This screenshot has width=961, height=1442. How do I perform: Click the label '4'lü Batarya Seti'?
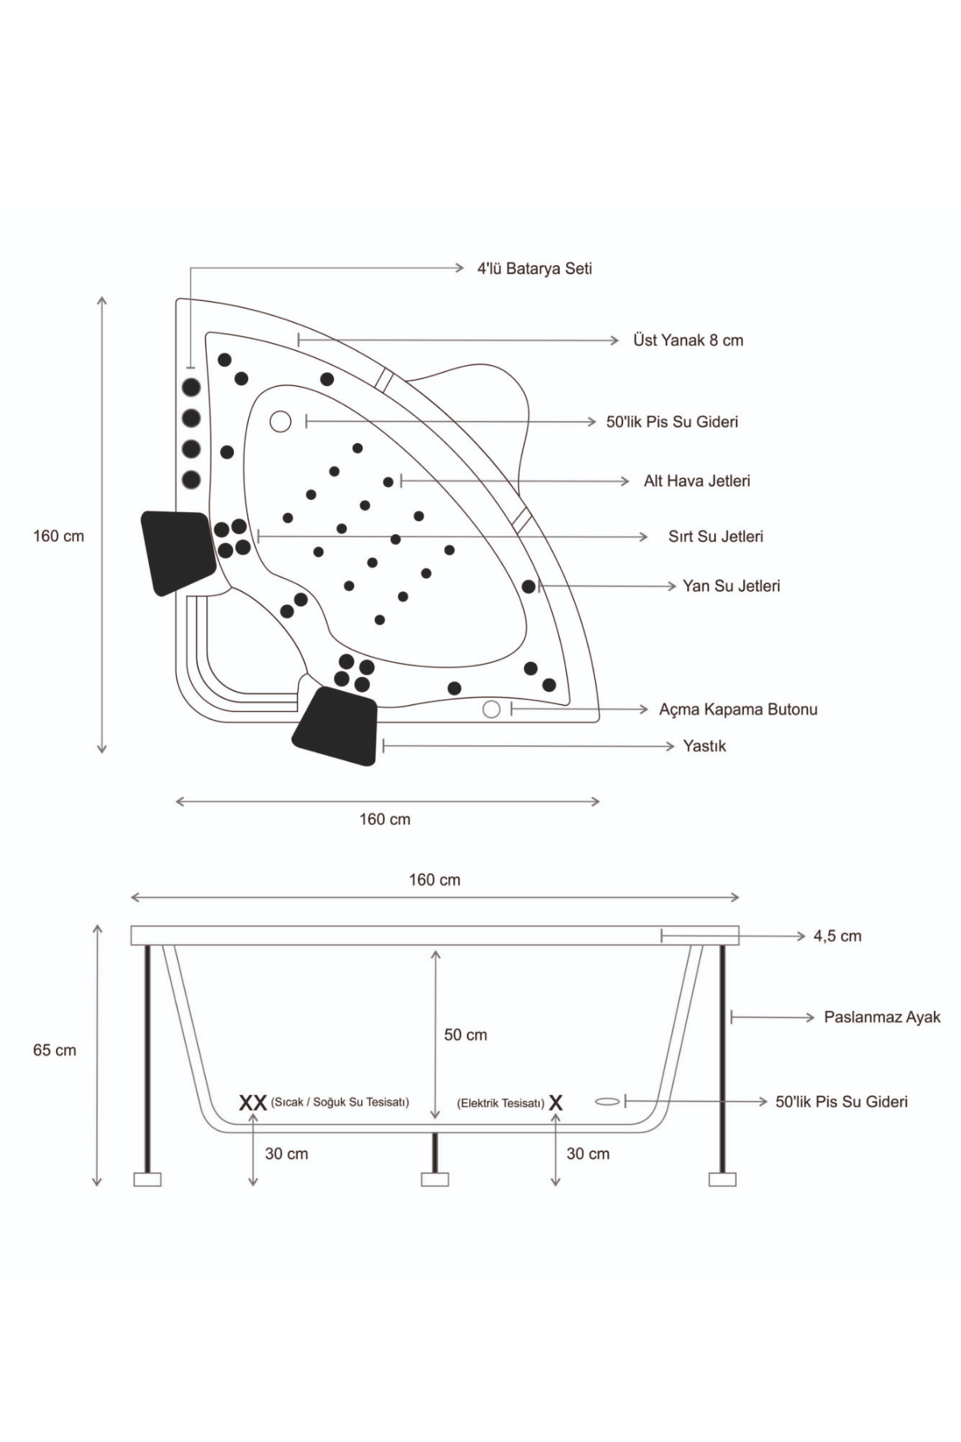534,268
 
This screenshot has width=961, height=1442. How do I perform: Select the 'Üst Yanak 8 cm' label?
688,340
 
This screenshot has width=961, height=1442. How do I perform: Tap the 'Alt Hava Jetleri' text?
697,481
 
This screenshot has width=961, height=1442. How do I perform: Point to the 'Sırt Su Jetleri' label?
715,537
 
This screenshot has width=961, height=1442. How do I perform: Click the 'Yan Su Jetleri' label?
730,586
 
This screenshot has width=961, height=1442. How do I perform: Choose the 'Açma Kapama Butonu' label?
738,710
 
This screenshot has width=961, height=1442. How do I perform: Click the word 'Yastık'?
704,747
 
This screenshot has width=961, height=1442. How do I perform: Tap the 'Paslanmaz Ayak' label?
882,1017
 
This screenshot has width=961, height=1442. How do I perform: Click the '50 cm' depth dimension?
465,1035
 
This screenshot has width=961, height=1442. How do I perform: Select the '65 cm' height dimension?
54,1050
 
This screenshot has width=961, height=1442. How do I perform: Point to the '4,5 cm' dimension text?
837,936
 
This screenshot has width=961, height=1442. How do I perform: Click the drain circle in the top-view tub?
280,421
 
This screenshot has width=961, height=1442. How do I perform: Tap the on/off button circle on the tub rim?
492,709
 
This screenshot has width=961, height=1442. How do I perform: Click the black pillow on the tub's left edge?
178,552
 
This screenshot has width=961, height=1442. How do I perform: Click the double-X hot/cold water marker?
253,1103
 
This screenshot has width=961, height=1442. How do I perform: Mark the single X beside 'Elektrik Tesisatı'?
556,1103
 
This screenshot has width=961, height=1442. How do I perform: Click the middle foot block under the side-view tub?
435,1179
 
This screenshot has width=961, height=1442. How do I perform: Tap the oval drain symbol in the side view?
608,1102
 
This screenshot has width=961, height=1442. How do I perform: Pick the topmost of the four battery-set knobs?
191,388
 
